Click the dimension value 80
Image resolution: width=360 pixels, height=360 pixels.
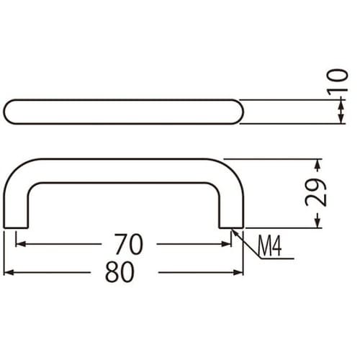[x=120, y=273]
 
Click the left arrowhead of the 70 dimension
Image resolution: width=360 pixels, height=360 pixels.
[x=19, y=244]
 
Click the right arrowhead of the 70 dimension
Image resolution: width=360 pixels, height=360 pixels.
[x=228, y=244]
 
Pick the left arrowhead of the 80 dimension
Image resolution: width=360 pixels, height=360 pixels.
[x=8, y=273]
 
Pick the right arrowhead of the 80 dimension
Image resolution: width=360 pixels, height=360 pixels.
[x=240, y=273]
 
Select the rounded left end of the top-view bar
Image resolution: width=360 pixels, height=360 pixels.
[x=10, y=111]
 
